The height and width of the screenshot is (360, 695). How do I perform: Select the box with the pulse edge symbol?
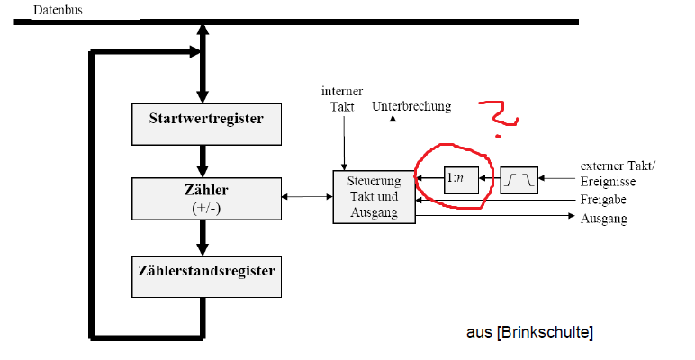(519, 180)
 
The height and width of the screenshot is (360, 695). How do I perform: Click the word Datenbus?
(56, 9)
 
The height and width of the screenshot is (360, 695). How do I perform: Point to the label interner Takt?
(342, 98)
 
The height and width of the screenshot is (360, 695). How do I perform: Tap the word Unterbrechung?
(411, 106)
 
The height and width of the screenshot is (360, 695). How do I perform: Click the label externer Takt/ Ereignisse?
(619, 173)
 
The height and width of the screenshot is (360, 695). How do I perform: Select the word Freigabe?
(604, 200)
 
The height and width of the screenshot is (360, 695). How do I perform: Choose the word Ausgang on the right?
(603, 219)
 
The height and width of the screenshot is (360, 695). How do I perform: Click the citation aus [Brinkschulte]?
(529, 333)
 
